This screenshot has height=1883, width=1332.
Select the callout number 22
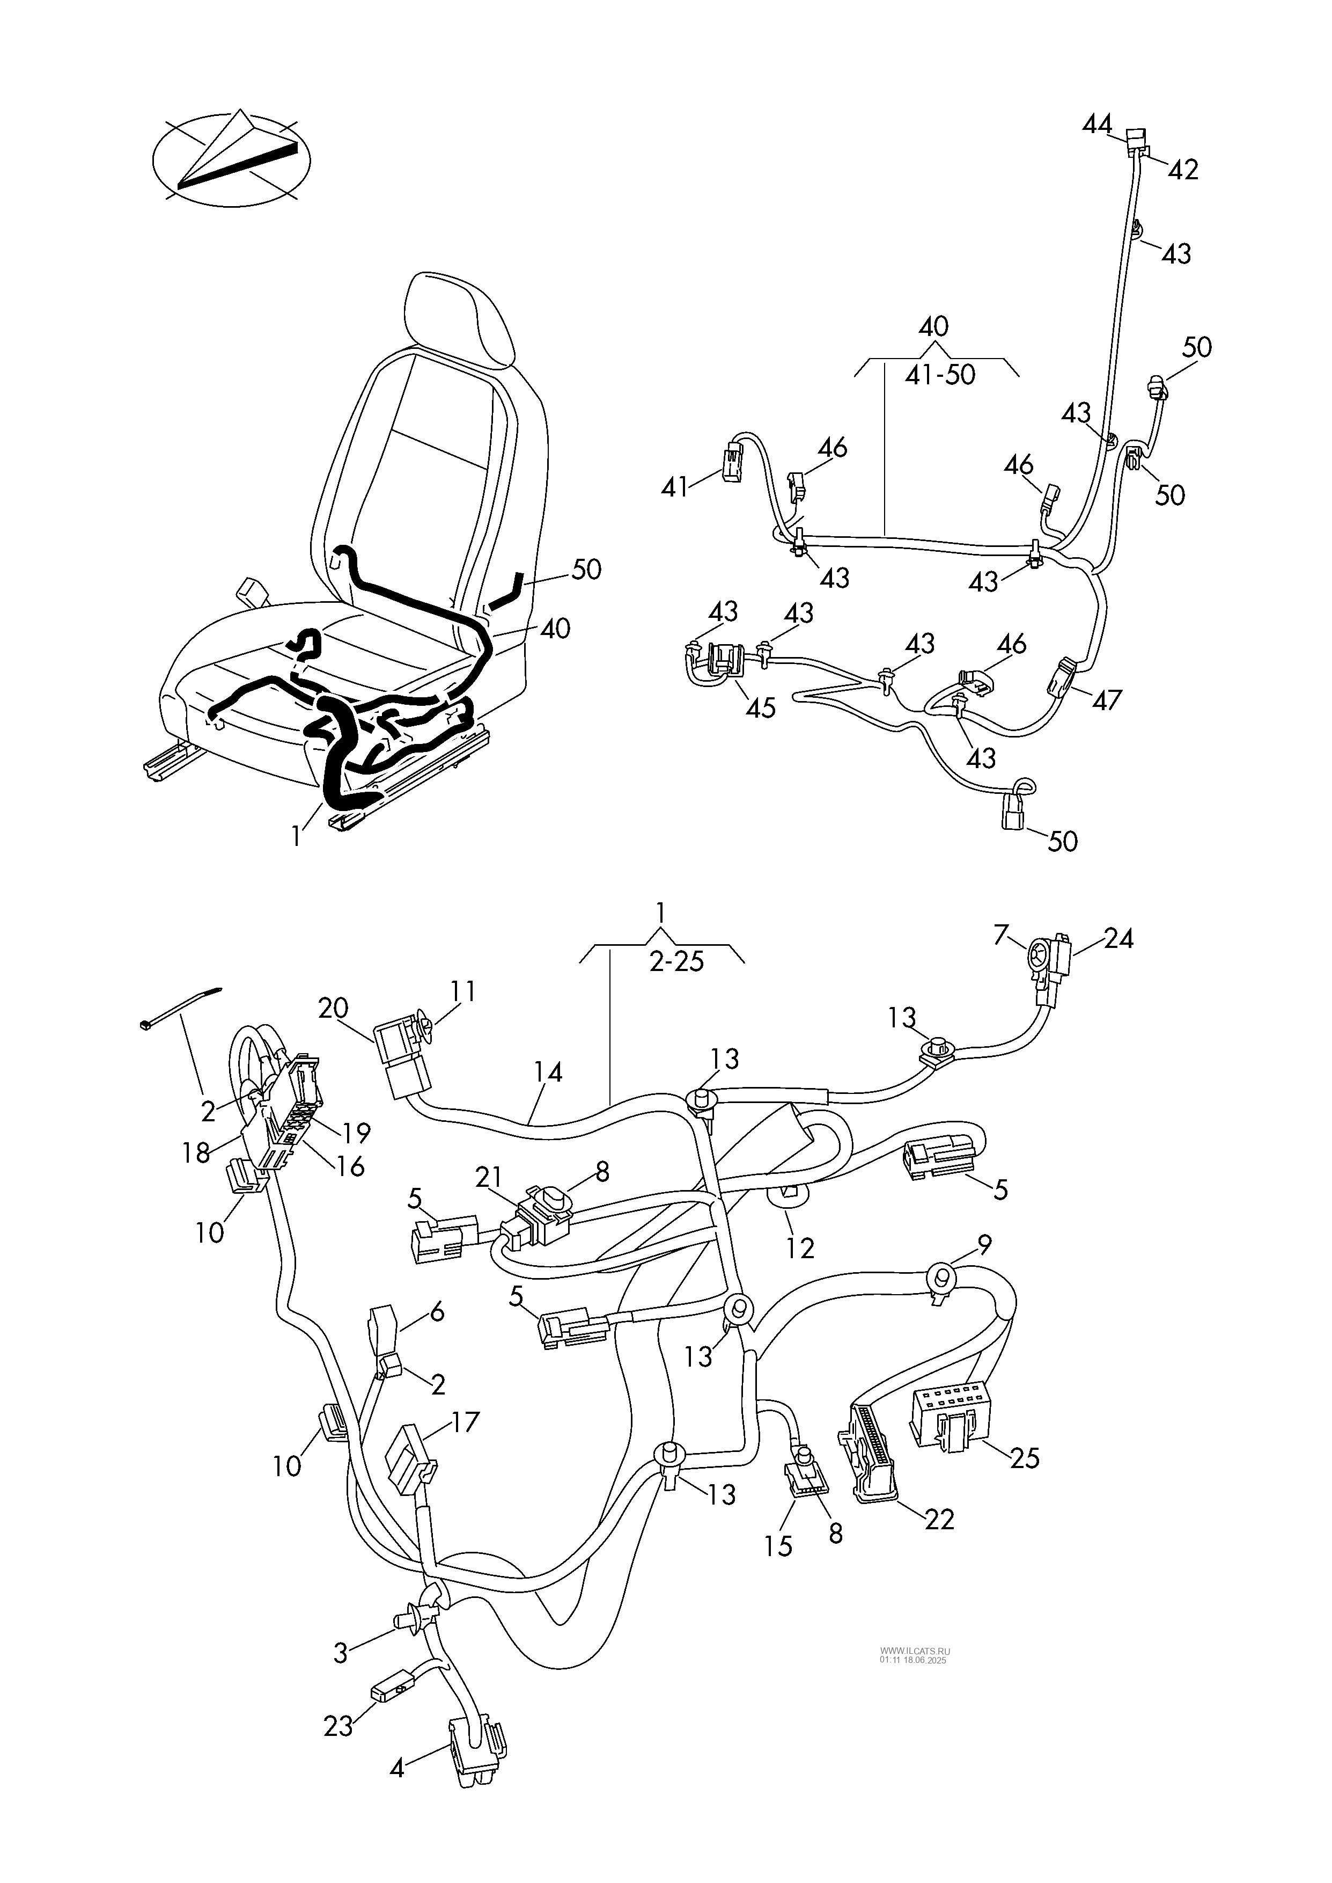939,1520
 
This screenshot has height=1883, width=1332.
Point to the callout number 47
1107,700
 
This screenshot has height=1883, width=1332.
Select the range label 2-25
676,961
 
